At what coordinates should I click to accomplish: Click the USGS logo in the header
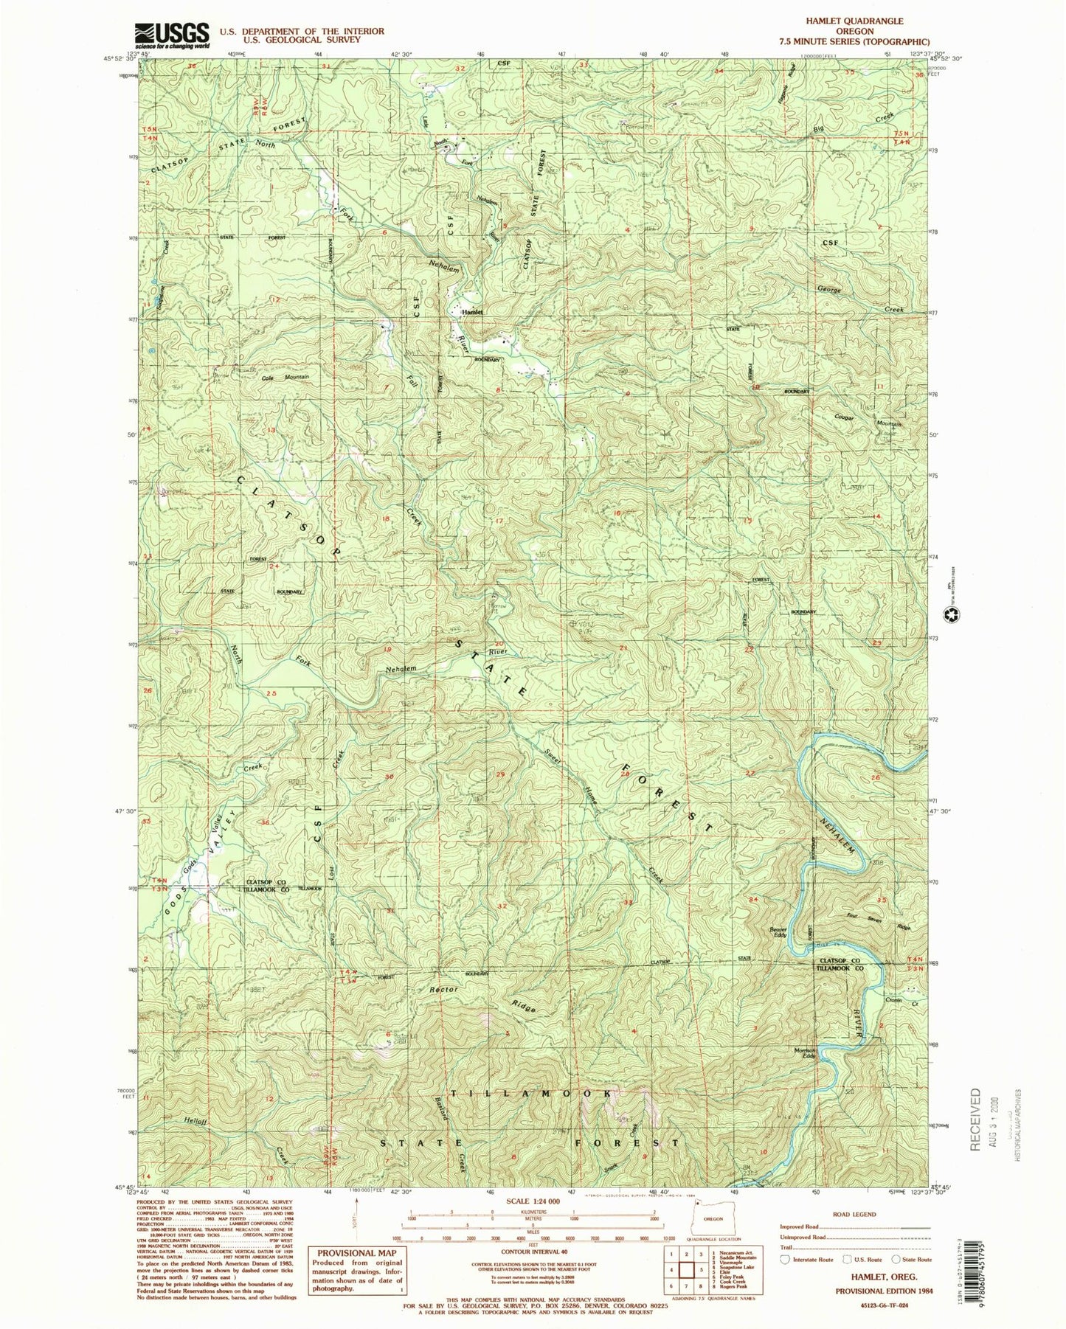(x=171, y=35)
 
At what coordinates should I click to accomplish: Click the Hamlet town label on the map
(x=472, y=312)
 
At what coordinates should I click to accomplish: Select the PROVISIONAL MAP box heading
(x=357, y=1252)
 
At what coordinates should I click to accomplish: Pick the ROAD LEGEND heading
(x=855, y=1213)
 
